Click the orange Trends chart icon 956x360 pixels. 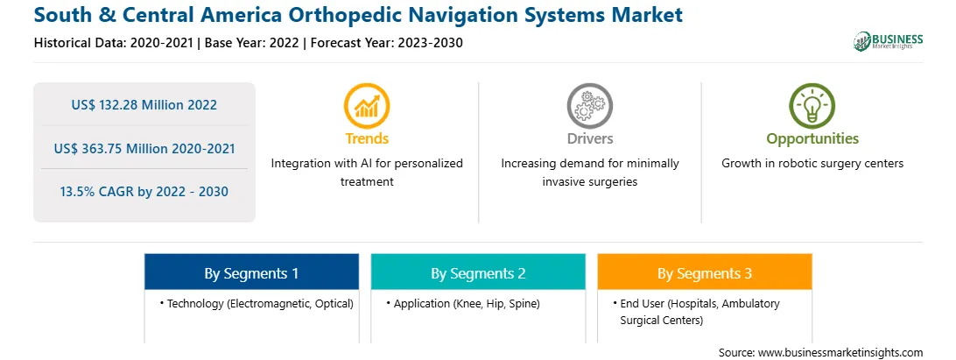pyautogui.click(x=367, y=106)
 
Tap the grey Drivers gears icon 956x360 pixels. pyautogui.click(x=589, y=106)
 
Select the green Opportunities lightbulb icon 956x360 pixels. pyautogui.click(x=812, y=106)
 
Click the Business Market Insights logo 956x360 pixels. pyautogui.click(x=888, y=41)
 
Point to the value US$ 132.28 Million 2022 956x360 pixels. pyautogui.click(x=144, y=104)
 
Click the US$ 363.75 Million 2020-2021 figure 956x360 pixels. pyautogui.click(x=144, y=148)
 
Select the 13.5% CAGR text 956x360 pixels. pyautogui.click(x=144, y=192)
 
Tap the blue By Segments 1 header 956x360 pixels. pyautogui.click(x=251, y=272)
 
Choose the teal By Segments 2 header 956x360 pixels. pyautogui.click(x=478, y=272)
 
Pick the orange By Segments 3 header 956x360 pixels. pyautogui.click(x=704, y=272)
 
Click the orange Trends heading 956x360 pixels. pyautogui.click(x=367, y=138)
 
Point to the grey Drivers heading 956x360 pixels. pyautogui.click(x=589, y=138)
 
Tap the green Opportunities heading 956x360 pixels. pyautogui.click(x=812, y=138)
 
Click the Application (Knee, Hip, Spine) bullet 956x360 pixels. pyautogui.click(x=463, y=303)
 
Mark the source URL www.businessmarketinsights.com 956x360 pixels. pyautogui.click(x=840, y=352)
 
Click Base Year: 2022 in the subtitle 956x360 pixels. pyautogui.click(x=252, y=43)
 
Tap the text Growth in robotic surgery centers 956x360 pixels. pyautogui.click(x=812, y=163)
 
